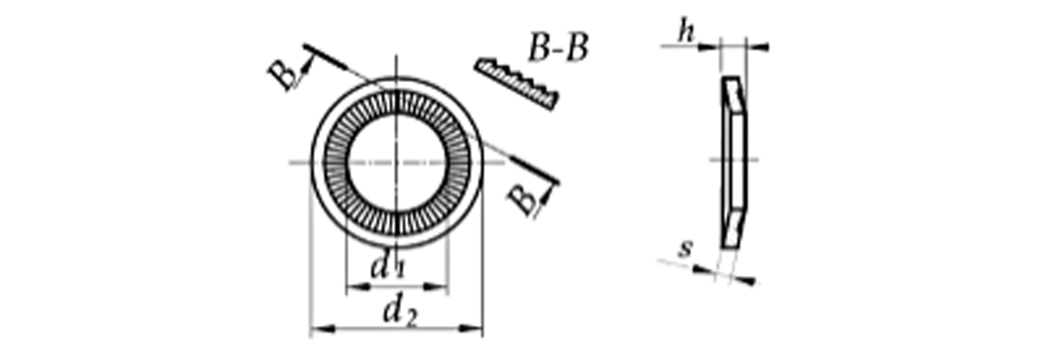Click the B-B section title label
pyautogui.click(x=558, y=49)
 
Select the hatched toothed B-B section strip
pyautogui.click(x=517, y=84)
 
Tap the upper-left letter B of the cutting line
pyautogui.click(x=284, y=74)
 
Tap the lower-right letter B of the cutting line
pyautogui.click(x=522, y=201)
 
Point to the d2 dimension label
pyautogui.click(x=400, y=312)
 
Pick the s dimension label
pyautogui.click(x=685, y=249)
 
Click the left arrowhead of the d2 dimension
pyautogui.click(x=321, y=329)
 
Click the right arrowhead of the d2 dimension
pyautogui.click(x=471, y=329)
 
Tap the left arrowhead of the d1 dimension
pyautogui.click(x=357, y=288)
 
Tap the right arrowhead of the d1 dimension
pyautogui.click(x=436, y=288)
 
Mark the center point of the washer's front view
pyautogui.click(x=397, y=162)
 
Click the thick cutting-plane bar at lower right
pyautogui.click(x=535, y=171)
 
